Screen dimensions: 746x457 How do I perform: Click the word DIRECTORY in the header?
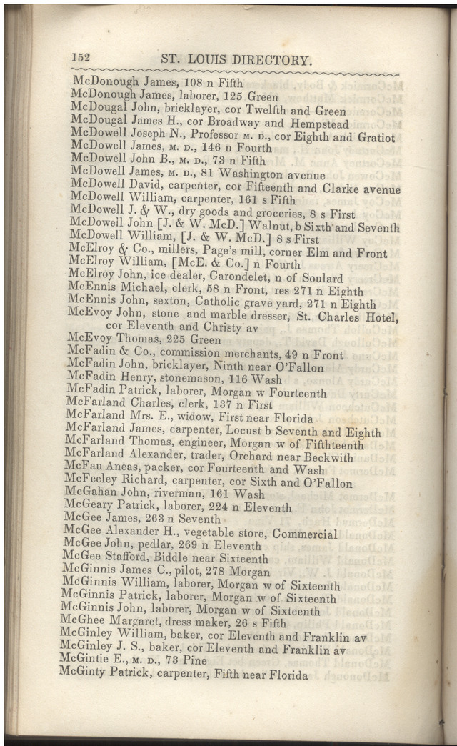pyautogui.click(x=268, y=60)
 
